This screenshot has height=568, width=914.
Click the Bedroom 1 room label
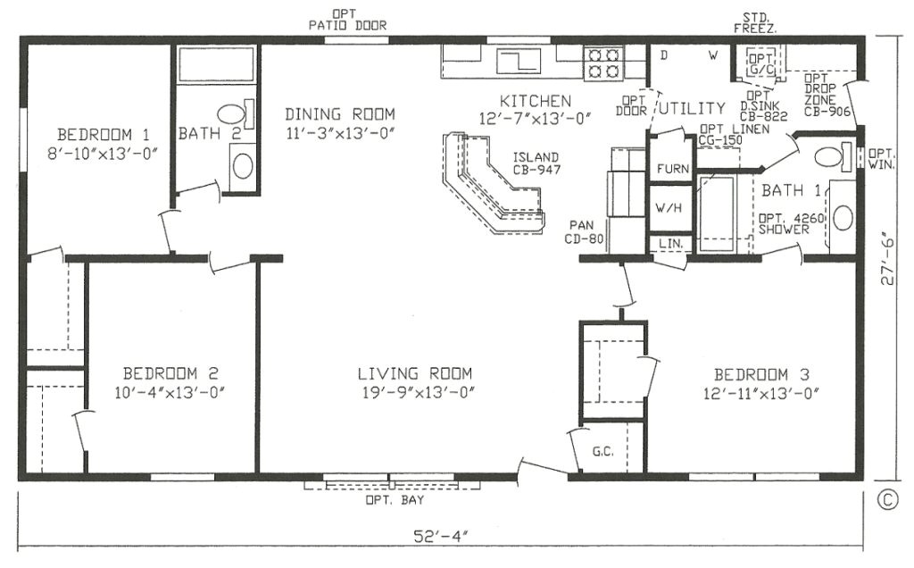click(x=104, y=135)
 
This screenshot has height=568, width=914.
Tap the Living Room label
click(x=414, y=373)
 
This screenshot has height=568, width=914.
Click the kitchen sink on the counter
click(x=519, y=60)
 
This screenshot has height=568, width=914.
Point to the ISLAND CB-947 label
click(x=536, y=163)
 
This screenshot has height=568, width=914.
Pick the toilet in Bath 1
click(x=835, y=156)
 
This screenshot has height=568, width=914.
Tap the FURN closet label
click(x=673, y=169)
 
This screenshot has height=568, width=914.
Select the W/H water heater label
click(x=669, y=207)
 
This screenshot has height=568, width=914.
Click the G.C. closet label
click(x=602, y=451)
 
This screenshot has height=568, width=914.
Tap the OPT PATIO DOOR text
click(x=347, y=20)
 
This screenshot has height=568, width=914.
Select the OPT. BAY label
click(x=395, y=500)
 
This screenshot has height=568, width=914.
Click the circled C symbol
click(x=886, y=500)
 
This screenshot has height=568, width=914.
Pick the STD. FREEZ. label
click(x=755, y=22)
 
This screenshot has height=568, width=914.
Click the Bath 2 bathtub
click(x=216, y=64)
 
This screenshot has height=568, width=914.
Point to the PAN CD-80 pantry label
click(x=584, y=231)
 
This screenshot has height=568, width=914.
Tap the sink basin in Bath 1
click(x=843, y=218)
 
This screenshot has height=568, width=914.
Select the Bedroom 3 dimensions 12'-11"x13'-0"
click(x=761, y=394)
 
